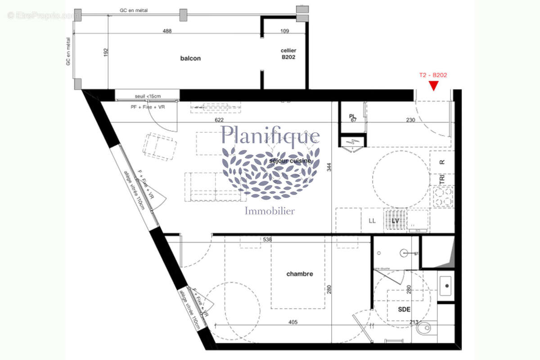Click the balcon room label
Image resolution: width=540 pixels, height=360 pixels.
coord(190,58)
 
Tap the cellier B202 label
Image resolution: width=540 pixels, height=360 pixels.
coord(288,54)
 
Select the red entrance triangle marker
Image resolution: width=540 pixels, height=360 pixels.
coord(433,85)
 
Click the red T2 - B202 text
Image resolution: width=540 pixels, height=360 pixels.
coord(433,76)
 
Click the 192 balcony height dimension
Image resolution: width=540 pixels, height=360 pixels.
coord(107,52)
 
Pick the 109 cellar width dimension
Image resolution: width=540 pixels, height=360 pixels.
coord(284,31)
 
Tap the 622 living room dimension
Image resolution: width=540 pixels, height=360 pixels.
coord(220,120)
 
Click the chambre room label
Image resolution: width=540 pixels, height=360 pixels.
coord(299,274)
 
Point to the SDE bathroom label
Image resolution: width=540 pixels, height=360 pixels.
coord(405,310)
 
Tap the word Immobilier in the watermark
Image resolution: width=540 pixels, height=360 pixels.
coord(270,211)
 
